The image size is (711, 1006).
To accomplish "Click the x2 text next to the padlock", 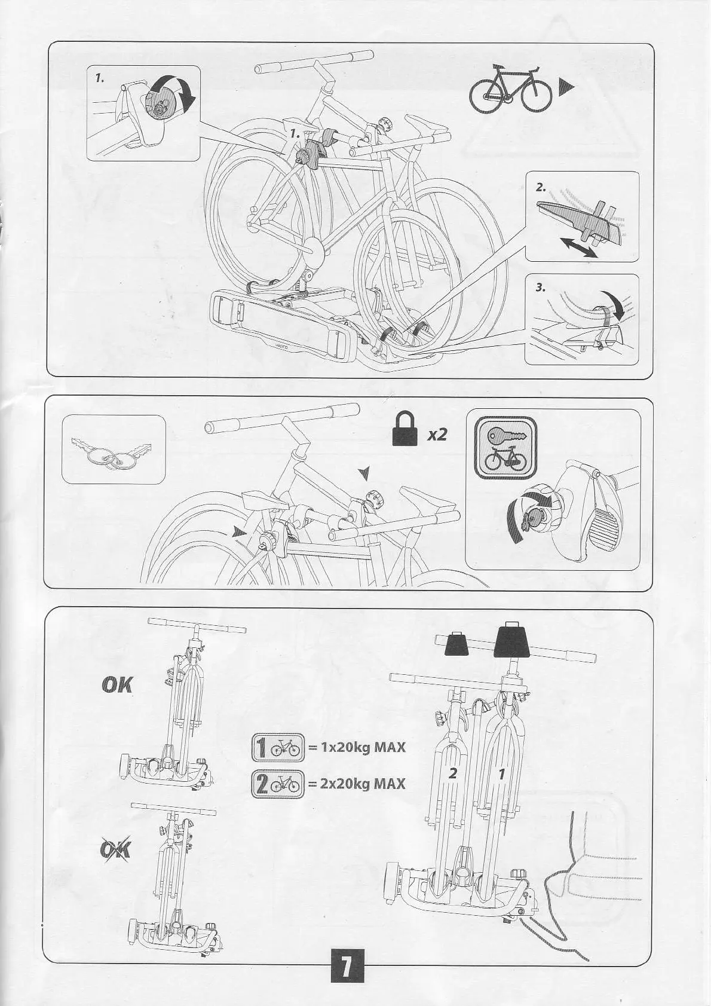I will (437, 434).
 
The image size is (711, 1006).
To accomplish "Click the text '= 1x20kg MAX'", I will (357, 747).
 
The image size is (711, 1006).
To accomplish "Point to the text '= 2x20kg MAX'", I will (357, 783).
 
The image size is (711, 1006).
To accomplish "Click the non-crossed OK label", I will (118, 685).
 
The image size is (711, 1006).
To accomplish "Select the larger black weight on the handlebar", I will (511, 641).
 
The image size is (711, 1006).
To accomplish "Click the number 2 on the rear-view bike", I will (452, 773).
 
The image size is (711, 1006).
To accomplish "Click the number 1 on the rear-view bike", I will (502, 773).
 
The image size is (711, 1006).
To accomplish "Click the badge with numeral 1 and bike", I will (278, 748).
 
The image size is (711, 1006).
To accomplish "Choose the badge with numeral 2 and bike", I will (278, 784).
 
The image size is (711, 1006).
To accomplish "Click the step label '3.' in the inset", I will (541, 288).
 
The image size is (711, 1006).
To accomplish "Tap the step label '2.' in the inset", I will (541, 187).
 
